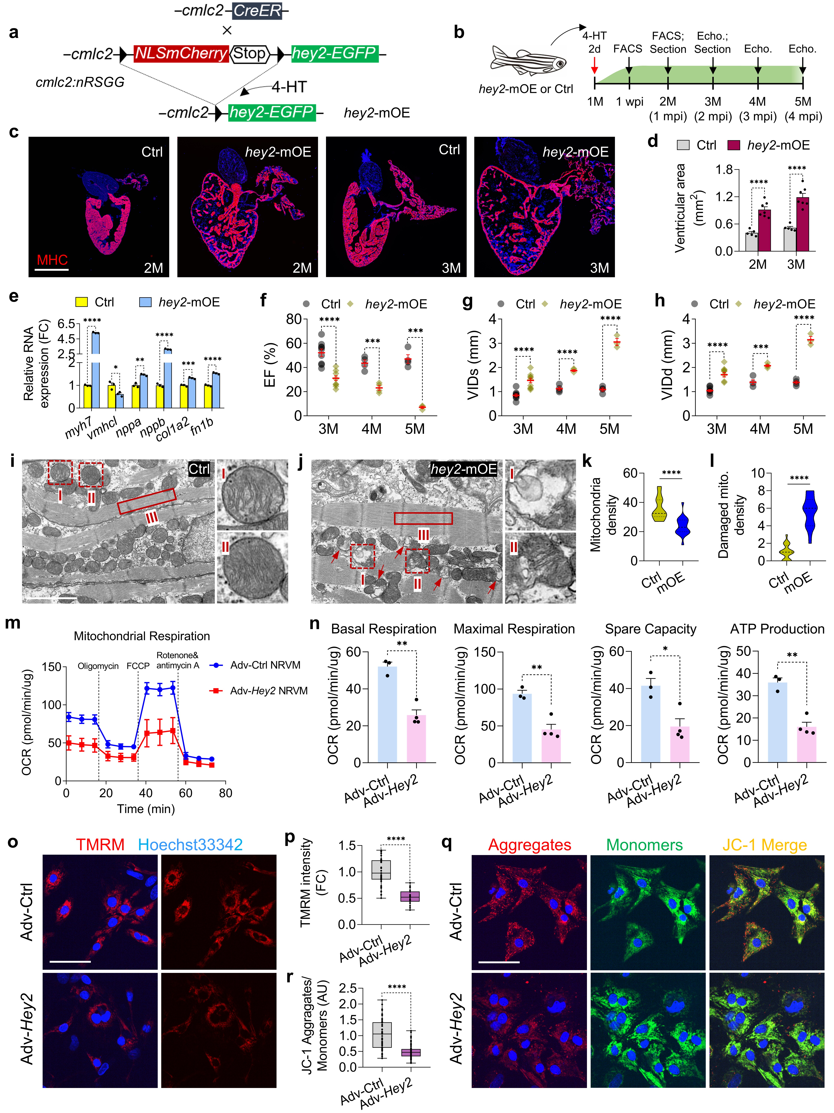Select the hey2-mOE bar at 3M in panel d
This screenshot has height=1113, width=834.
(802, 224)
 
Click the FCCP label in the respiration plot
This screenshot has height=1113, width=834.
(138, 666)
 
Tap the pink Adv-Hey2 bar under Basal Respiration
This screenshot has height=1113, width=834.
(416, 738)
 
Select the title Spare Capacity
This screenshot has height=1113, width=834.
(650, 629)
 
